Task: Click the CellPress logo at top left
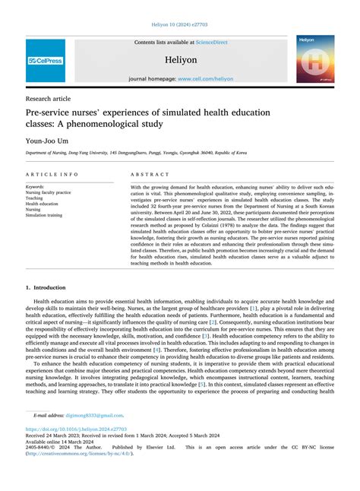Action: (46, 61)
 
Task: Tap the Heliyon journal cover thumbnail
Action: (315, 59)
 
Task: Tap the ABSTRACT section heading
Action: (150, 175)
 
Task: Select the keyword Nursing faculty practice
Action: (49, 192)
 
